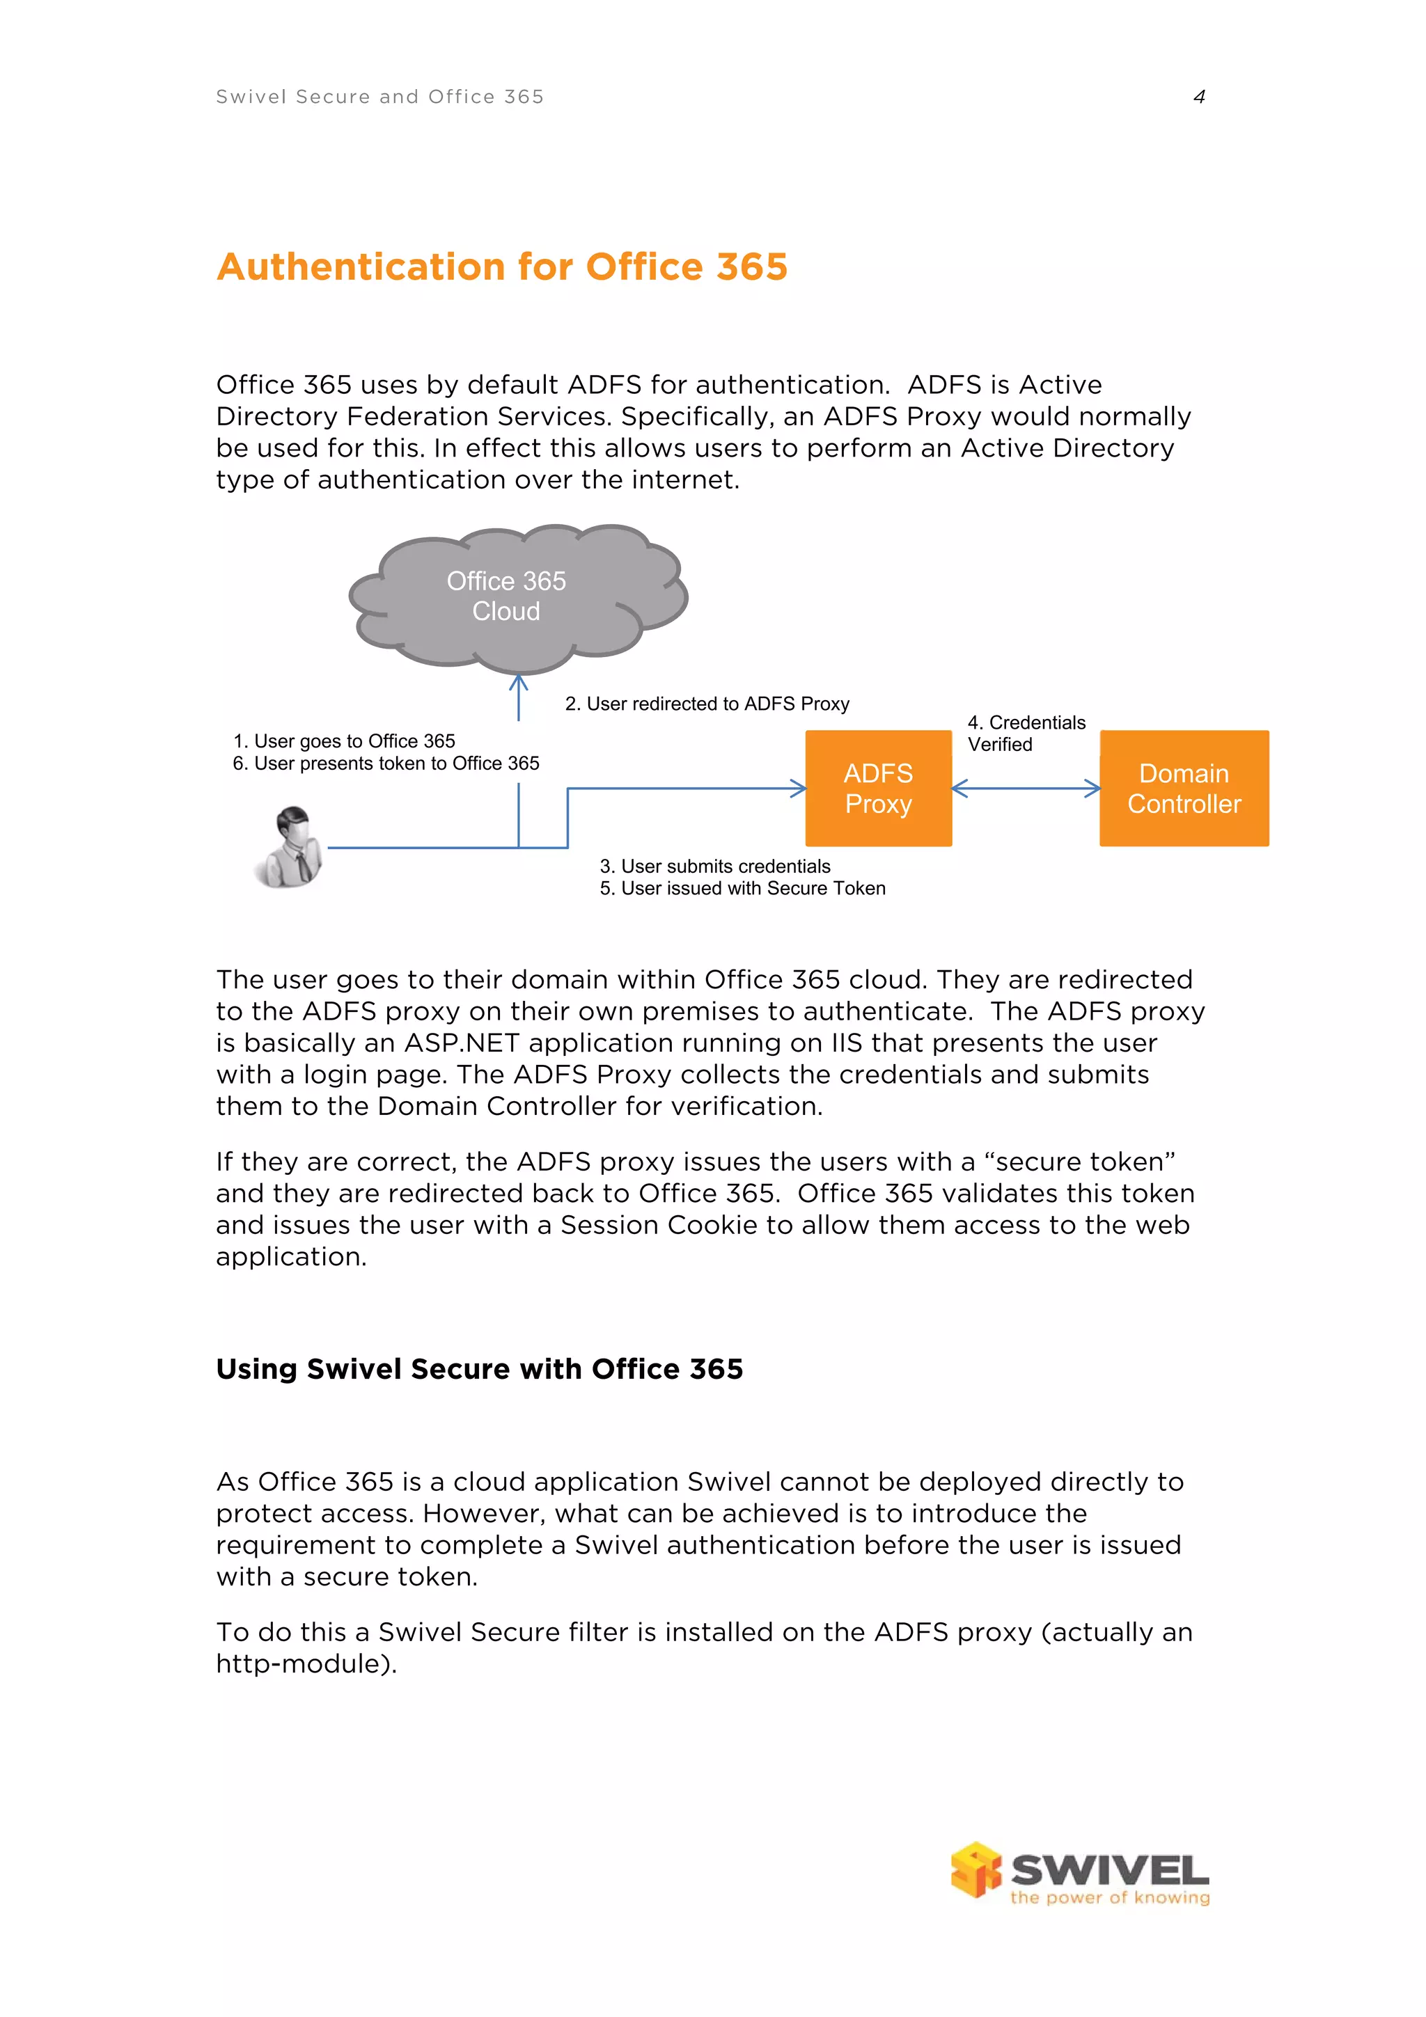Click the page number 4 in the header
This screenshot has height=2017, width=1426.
click(1198, 97)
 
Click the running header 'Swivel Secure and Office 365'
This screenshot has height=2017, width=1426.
click(379, 97)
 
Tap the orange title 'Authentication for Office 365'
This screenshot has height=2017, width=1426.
click(502, 267)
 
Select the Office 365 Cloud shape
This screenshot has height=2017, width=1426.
click(507, 596)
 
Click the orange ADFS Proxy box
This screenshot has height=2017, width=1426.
click(878, 788)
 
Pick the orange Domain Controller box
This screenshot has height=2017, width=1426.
click(1184, 788)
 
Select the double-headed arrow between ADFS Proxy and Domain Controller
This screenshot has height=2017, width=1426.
click(1026, 788)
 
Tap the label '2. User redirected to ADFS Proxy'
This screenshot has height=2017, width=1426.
click(707, 704)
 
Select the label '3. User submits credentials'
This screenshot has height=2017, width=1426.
click(714, 867)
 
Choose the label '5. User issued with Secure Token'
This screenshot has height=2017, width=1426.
click(742, 888)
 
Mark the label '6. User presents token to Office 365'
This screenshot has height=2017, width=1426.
click(386, 764)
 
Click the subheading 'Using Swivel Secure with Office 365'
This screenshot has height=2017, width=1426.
click(479, 1368)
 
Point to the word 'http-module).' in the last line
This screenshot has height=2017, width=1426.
click(306, 1664)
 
